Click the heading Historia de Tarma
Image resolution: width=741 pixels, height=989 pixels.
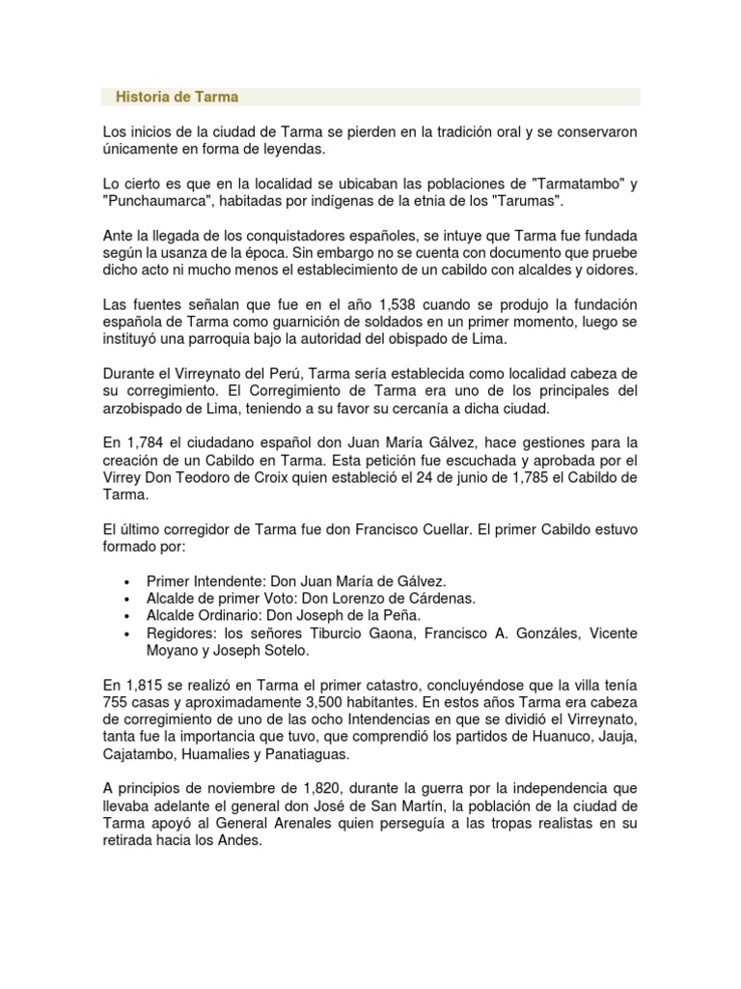pyautogui.click(x=177, y=98)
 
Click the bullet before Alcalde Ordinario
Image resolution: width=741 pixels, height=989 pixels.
pyautogui.click(x=128, y=616)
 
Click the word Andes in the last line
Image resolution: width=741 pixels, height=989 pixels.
pyautogui.click(x=240, y=841)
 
